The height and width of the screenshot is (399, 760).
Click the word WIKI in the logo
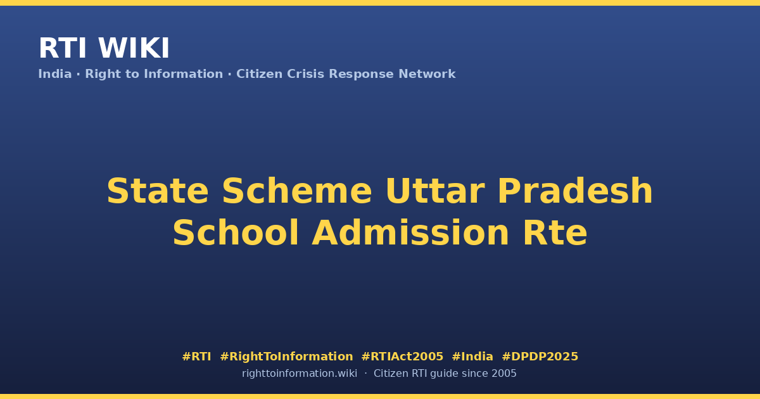point(134,49)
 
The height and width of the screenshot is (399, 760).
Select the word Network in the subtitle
point(427,74)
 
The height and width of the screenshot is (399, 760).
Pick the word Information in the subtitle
point(184,74)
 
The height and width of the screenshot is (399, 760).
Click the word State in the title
point(158,191)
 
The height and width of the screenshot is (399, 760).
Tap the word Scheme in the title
point(297,191)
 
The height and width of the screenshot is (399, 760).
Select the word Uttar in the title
point(435,191)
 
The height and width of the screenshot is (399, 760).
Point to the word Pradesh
point(575,191)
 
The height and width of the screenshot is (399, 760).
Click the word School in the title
point(236,233)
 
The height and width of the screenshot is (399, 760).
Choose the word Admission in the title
point(410,233)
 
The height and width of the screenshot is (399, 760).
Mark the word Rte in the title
point(555,233)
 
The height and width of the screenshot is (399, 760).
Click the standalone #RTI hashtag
point(196,357)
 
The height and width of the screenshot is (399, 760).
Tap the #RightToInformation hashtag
point(286,357)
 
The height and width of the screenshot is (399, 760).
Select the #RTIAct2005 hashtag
point(402,357)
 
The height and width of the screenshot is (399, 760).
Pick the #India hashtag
point(472,357)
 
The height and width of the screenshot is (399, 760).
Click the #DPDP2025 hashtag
point(540,357)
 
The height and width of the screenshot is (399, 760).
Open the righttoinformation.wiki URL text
point(300,374)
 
